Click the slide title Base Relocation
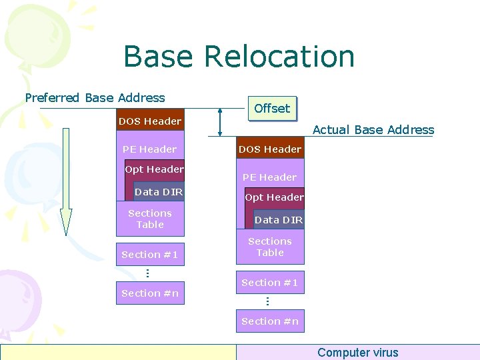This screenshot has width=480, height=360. [x=239, y=57]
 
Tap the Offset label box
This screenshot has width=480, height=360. [x=272, y=109]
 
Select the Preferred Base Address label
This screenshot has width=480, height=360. [x=95, y=98]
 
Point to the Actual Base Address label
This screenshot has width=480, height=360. [x=373, y=130]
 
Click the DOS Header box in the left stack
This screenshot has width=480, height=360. [x=150, y=121]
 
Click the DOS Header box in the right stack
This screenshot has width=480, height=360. [x=270, y=149]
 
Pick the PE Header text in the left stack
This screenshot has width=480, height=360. [x=149, y=149]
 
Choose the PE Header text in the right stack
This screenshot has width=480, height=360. [x=269, y=177]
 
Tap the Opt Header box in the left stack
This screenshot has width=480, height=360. [x=155, y=169]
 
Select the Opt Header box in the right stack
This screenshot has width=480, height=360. [x=275, y=197]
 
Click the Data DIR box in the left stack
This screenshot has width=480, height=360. [x=159, y=192]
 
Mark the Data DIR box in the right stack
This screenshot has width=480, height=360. [x=279, y=220]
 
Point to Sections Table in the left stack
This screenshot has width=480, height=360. [x=150, y=219]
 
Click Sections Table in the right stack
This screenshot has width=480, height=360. [x=270, y=247]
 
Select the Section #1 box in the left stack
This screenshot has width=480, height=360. [x=150, y=255]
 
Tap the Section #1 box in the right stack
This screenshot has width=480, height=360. [x=270, y=283]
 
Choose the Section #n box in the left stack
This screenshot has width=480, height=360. [x=150, y=293]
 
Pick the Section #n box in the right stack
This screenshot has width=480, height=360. [x=270, y=321]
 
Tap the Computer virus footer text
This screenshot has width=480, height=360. [x=358, y=353]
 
